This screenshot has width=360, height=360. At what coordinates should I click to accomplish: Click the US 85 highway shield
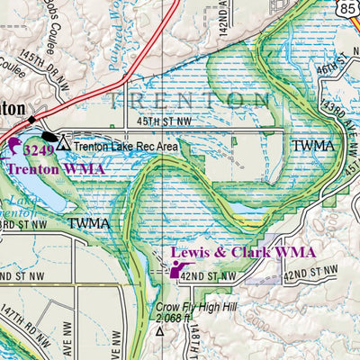[348, 8]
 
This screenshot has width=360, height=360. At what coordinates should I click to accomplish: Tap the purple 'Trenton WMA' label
[56, 168]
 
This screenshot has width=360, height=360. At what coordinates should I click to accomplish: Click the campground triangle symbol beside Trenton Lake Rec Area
[62, 143]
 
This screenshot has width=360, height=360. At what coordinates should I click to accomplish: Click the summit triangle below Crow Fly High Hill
[160, 331]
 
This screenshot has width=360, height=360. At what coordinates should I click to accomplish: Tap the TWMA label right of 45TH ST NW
[312, 144]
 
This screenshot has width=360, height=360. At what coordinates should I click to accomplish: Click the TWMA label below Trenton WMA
[88, 222]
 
